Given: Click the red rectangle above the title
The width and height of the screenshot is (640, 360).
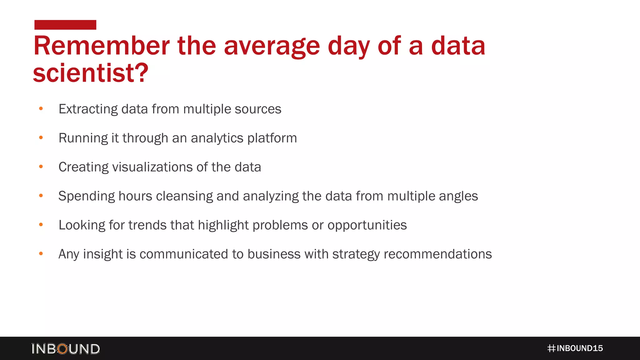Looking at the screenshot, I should [65, 25].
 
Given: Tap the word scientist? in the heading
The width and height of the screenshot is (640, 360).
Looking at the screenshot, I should [91, 73].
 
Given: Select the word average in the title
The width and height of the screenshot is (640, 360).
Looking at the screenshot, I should [272, 46].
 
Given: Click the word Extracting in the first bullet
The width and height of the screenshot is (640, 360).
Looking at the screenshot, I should [88, 109].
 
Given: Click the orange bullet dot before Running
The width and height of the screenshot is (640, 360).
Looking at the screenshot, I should [41, 137].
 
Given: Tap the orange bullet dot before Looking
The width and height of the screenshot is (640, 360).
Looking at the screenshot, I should [41, 224].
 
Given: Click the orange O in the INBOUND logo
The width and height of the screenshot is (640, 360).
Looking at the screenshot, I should [62, 349].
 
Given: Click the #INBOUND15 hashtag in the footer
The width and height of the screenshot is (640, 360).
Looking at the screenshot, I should [575, 348].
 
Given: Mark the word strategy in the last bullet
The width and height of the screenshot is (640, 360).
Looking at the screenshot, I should [356, 254].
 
